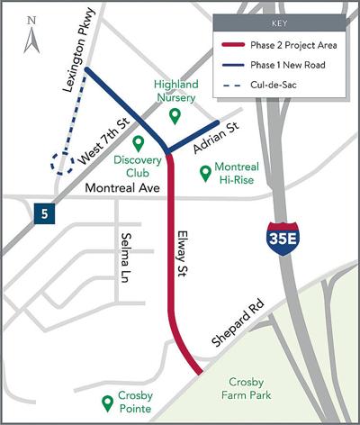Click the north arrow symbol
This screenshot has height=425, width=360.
click(x=31, y=34)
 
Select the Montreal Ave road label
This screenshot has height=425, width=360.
click(x=121, y=189)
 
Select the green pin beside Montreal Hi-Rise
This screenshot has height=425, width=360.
click(x=204, y=169)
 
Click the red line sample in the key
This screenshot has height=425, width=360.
click(x=237, y=45)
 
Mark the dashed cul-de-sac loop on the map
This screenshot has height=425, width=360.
click(x=63, y=162)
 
